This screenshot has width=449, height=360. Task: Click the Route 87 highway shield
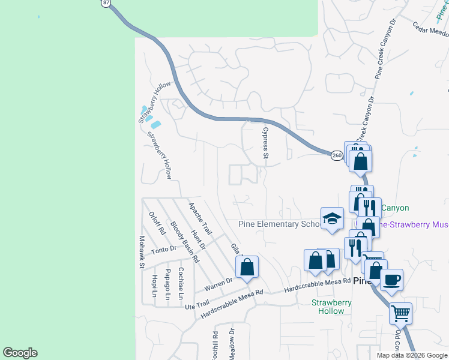[x=106, y=3]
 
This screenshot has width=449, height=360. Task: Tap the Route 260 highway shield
[x=337, y=155]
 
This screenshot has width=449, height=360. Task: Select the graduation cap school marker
[x=331, y=219]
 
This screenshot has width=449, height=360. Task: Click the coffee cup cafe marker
[x=391, y=280]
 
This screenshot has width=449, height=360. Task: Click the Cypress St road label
[x=264, y=142]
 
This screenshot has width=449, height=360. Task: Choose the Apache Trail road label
[x=200, y=218]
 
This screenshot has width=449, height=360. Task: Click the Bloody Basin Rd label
[x=184, y=242]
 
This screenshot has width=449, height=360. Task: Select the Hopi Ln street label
[x=154, y=286]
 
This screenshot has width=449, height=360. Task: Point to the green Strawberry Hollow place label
[x=331, y=307]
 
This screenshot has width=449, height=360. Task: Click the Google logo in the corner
[x=20, y=353]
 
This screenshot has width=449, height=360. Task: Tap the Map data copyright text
[x=411, y=355]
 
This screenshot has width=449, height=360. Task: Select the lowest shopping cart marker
[x=400, y=312]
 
